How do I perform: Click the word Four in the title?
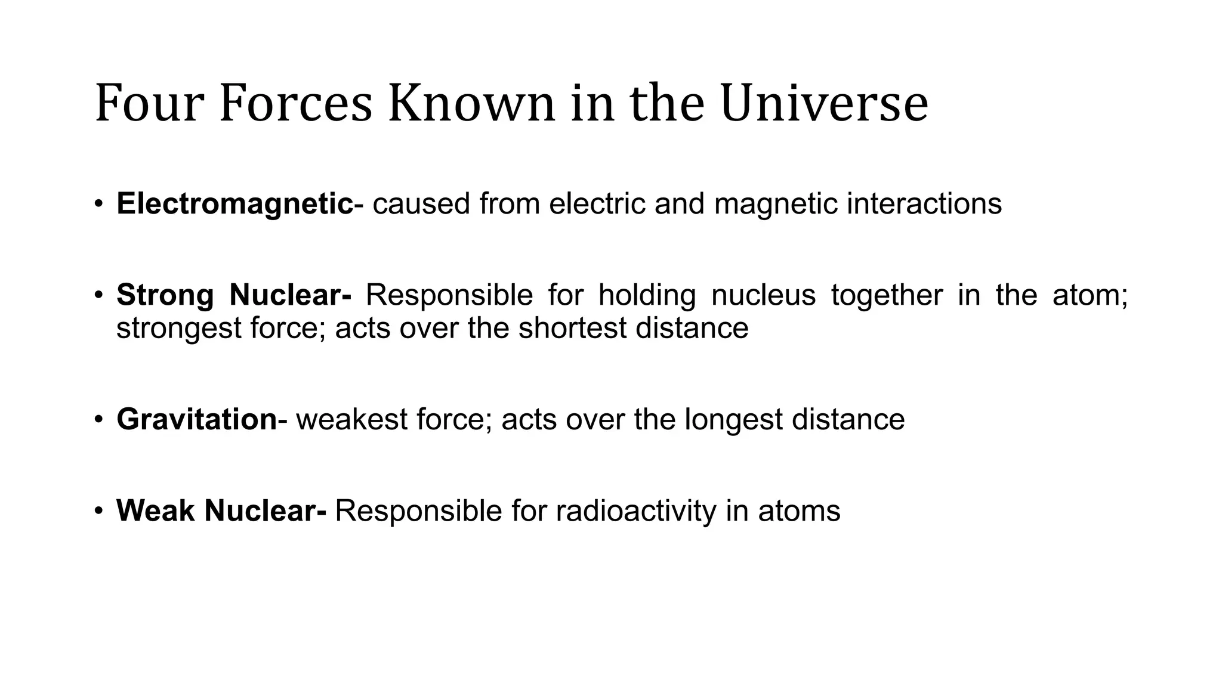149,104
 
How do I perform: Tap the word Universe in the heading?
824,104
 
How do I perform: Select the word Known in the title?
471,104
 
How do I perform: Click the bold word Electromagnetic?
234,204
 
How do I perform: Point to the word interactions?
924,204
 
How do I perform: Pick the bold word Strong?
165,295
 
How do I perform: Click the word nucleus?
763,295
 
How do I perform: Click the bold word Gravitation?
197,419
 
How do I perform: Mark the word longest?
733,420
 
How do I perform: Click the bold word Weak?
156,510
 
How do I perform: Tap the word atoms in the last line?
799,511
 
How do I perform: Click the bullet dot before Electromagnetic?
98,205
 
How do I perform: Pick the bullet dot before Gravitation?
98,420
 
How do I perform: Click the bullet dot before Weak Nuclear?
98,511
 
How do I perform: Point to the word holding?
647,295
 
